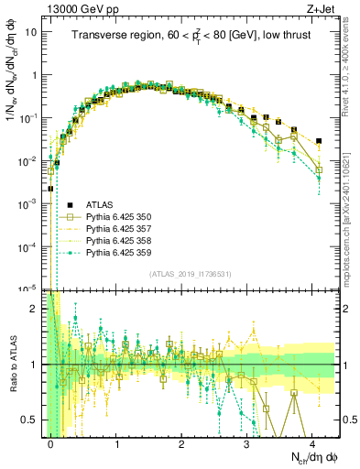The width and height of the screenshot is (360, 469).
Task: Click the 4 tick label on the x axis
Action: click(x=313, y=442)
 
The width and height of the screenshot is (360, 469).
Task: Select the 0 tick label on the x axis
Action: click(x=51, y=442)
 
